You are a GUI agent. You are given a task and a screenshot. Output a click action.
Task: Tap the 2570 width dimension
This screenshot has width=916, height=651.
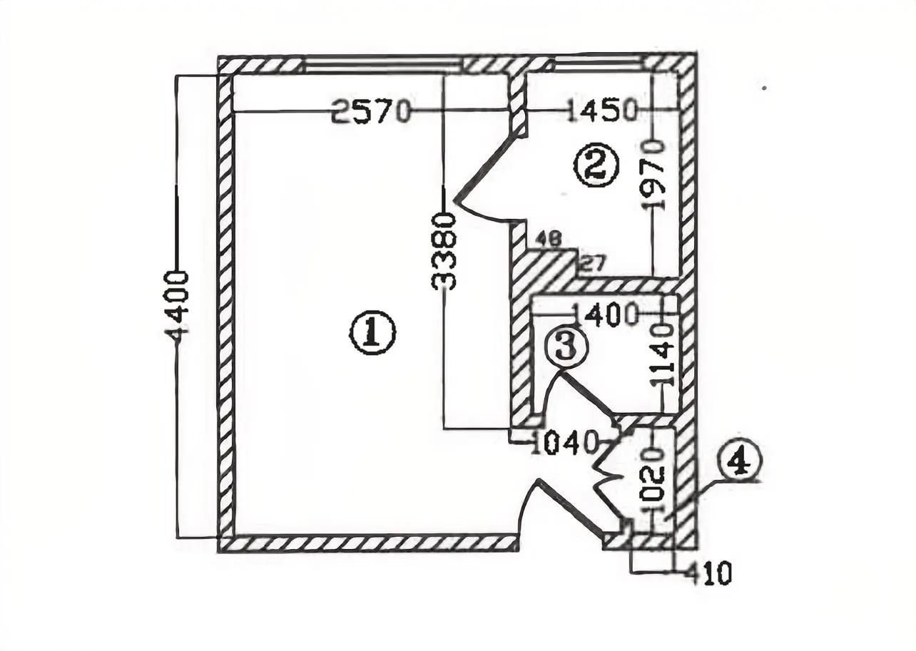[x=372, y=111]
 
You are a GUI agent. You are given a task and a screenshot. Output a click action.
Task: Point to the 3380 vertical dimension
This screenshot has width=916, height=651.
[x=444, y=252]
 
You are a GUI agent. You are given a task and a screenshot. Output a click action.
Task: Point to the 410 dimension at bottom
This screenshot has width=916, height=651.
[x=708, y=573]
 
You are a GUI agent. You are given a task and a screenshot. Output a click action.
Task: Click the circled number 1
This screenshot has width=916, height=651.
[x=372, y=333]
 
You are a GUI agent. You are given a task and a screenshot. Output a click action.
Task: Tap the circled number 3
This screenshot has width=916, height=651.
[x=566, y=347]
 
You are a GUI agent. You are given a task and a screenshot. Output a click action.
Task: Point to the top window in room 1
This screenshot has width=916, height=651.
[x=382, y=66]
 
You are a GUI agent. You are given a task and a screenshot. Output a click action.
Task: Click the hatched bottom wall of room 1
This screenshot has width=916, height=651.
[x=367, y=543]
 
